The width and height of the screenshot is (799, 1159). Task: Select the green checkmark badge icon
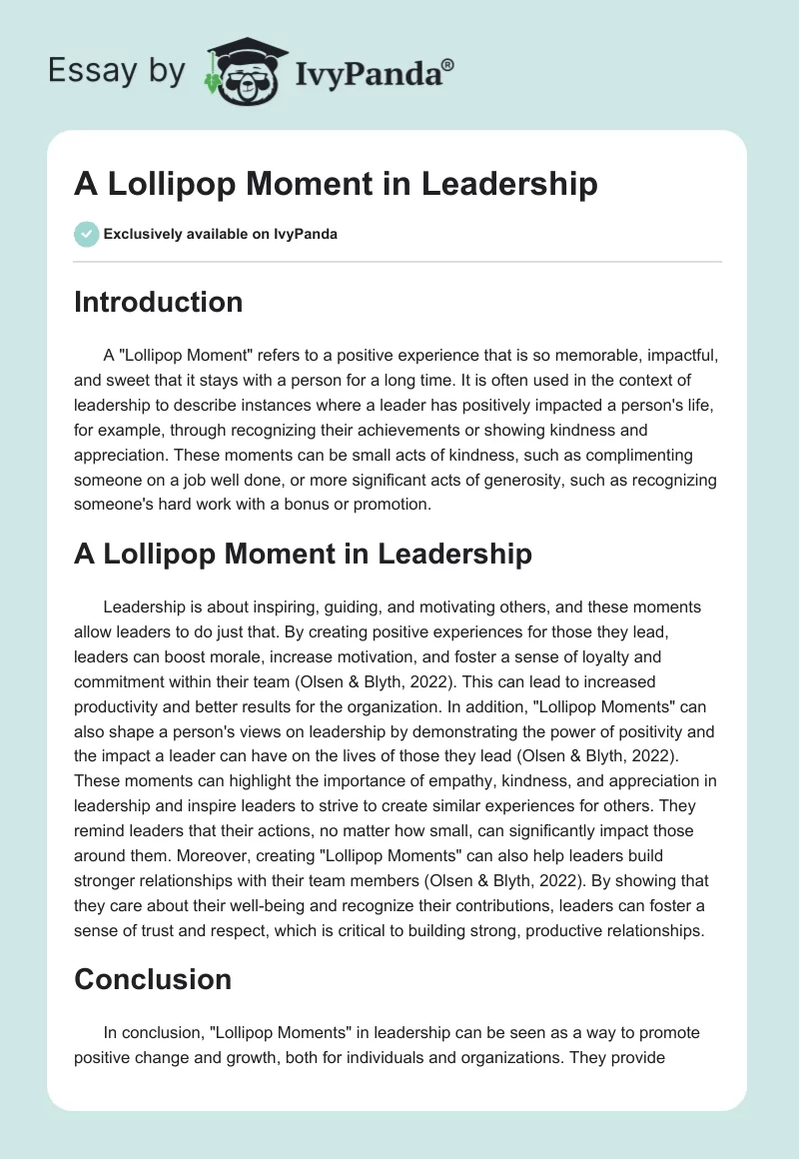(x=86, y=234)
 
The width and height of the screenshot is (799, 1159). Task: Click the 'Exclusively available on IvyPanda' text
(x=221, y=235)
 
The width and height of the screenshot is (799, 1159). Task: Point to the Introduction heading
(x=158, y=302)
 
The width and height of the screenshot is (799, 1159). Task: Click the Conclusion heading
(x=152, y=979)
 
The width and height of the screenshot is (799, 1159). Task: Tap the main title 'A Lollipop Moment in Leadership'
(x=336, y=185)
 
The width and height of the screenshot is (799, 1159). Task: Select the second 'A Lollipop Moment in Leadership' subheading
(x=303, y=555)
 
